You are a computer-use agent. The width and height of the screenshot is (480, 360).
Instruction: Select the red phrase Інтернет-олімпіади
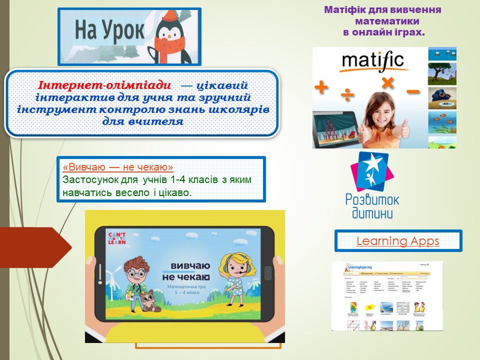104,86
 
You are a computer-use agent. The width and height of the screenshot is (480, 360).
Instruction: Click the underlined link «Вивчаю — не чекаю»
118,166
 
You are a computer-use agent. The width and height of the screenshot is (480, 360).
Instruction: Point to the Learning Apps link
397,241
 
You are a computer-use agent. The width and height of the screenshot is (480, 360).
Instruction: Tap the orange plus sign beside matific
321,88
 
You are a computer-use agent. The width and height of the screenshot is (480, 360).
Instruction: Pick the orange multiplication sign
387,83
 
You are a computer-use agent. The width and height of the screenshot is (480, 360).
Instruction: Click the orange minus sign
413,92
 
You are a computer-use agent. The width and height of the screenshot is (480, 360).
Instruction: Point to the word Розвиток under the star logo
372,199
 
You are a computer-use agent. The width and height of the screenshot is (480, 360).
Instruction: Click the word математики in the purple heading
387,21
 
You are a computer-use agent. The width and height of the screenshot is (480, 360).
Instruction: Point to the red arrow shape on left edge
35,247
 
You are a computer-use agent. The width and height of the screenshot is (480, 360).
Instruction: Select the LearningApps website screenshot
387,295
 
